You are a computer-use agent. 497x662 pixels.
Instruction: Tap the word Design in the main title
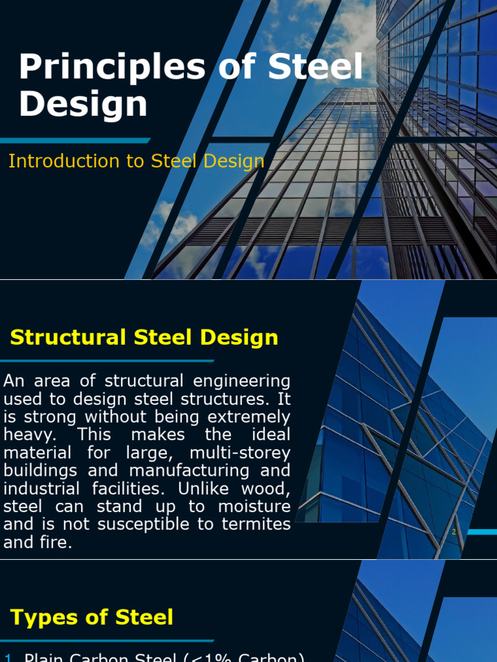[x=83, y=104]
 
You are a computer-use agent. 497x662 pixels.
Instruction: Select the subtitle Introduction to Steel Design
[x=136, y=162]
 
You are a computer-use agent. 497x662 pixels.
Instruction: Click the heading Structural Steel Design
[x=144, y=337]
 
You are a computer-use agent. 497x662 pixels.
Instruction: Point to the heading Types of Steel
[x=92, y=617]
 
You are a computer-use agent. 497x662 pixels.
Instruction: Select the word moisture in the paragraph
[x=254, y=506]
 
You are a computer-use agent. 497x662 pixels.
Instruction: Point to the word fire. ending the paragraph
[x=55, y=542]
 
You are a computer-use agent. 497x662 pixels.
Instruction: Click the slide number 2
[x=454, y=532]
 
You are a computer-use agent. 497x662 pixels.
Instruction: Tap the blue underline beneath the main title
[x=74, y=140]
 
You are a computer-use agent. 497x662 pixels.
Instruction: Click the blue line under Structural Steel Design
[x=107, y=361]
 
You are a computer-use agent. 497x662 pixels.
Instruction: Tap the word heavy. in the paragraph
[x=27, y=434]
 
